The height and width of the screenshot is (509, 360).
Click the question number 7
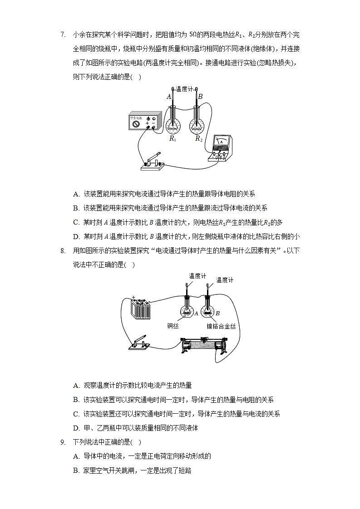[63, 34]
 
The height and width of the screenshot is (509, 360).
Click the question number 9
[63, 442]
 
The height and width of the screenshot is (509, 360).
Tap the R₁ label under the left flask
[173, 139]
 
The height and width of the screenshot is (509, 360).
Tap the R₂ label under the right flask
[199, 139]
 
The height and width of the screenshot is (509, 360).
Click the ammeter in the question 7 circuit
[221, 147]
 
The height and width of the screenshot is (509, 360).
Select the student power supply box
[144, 122]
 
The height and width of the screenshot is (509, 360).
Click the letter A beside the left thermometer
[168, 97]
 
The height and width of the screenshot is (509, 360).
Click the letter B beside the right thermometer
[200, 97]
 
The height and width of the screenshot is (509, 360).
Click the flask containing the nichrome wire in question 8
[208, 308]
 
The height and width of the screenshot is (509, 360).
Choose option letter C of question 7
[76, 222]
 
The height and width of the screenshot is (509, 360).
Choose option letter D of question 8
[76, 428]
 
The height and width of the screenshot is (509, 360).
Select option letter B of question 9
[76, 470]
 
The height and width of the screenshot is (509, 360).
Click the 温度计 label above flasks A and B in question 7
[185, 90]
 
